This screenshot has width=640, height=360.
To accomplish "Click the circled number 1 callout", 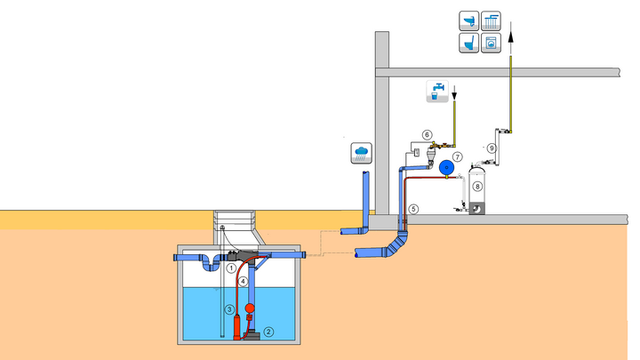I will tap(229, 267).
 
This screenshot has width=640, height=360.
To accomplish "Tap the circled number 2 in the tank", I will tap(269, 332).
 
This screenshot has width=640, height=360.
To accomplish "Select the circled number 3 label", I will tap(228, 309).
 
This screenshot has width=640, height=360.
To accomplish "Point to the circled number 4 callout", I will tap(242, 281).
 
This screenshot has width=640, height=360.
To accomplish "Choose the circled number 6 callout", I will tap(427, 135).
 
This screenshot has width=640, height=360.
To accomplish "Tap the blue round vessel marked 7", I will tap(449, 164).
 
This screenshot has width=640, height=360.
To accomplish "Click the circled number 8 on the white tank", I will tap(477, 187).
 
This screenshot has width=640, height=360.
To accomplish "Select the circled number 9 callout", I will tap(491, 148).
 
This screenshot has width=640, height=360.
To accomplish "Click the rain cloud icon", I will tap(362, 152).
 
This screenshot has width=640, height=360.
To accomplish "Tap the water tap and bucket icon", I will tap(437, 90).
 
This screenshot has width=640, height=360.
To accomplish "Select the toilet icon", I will tap(469, 42).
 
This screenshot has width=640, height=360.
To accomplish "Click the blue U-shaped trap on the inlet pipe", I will tap(211, 263).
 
